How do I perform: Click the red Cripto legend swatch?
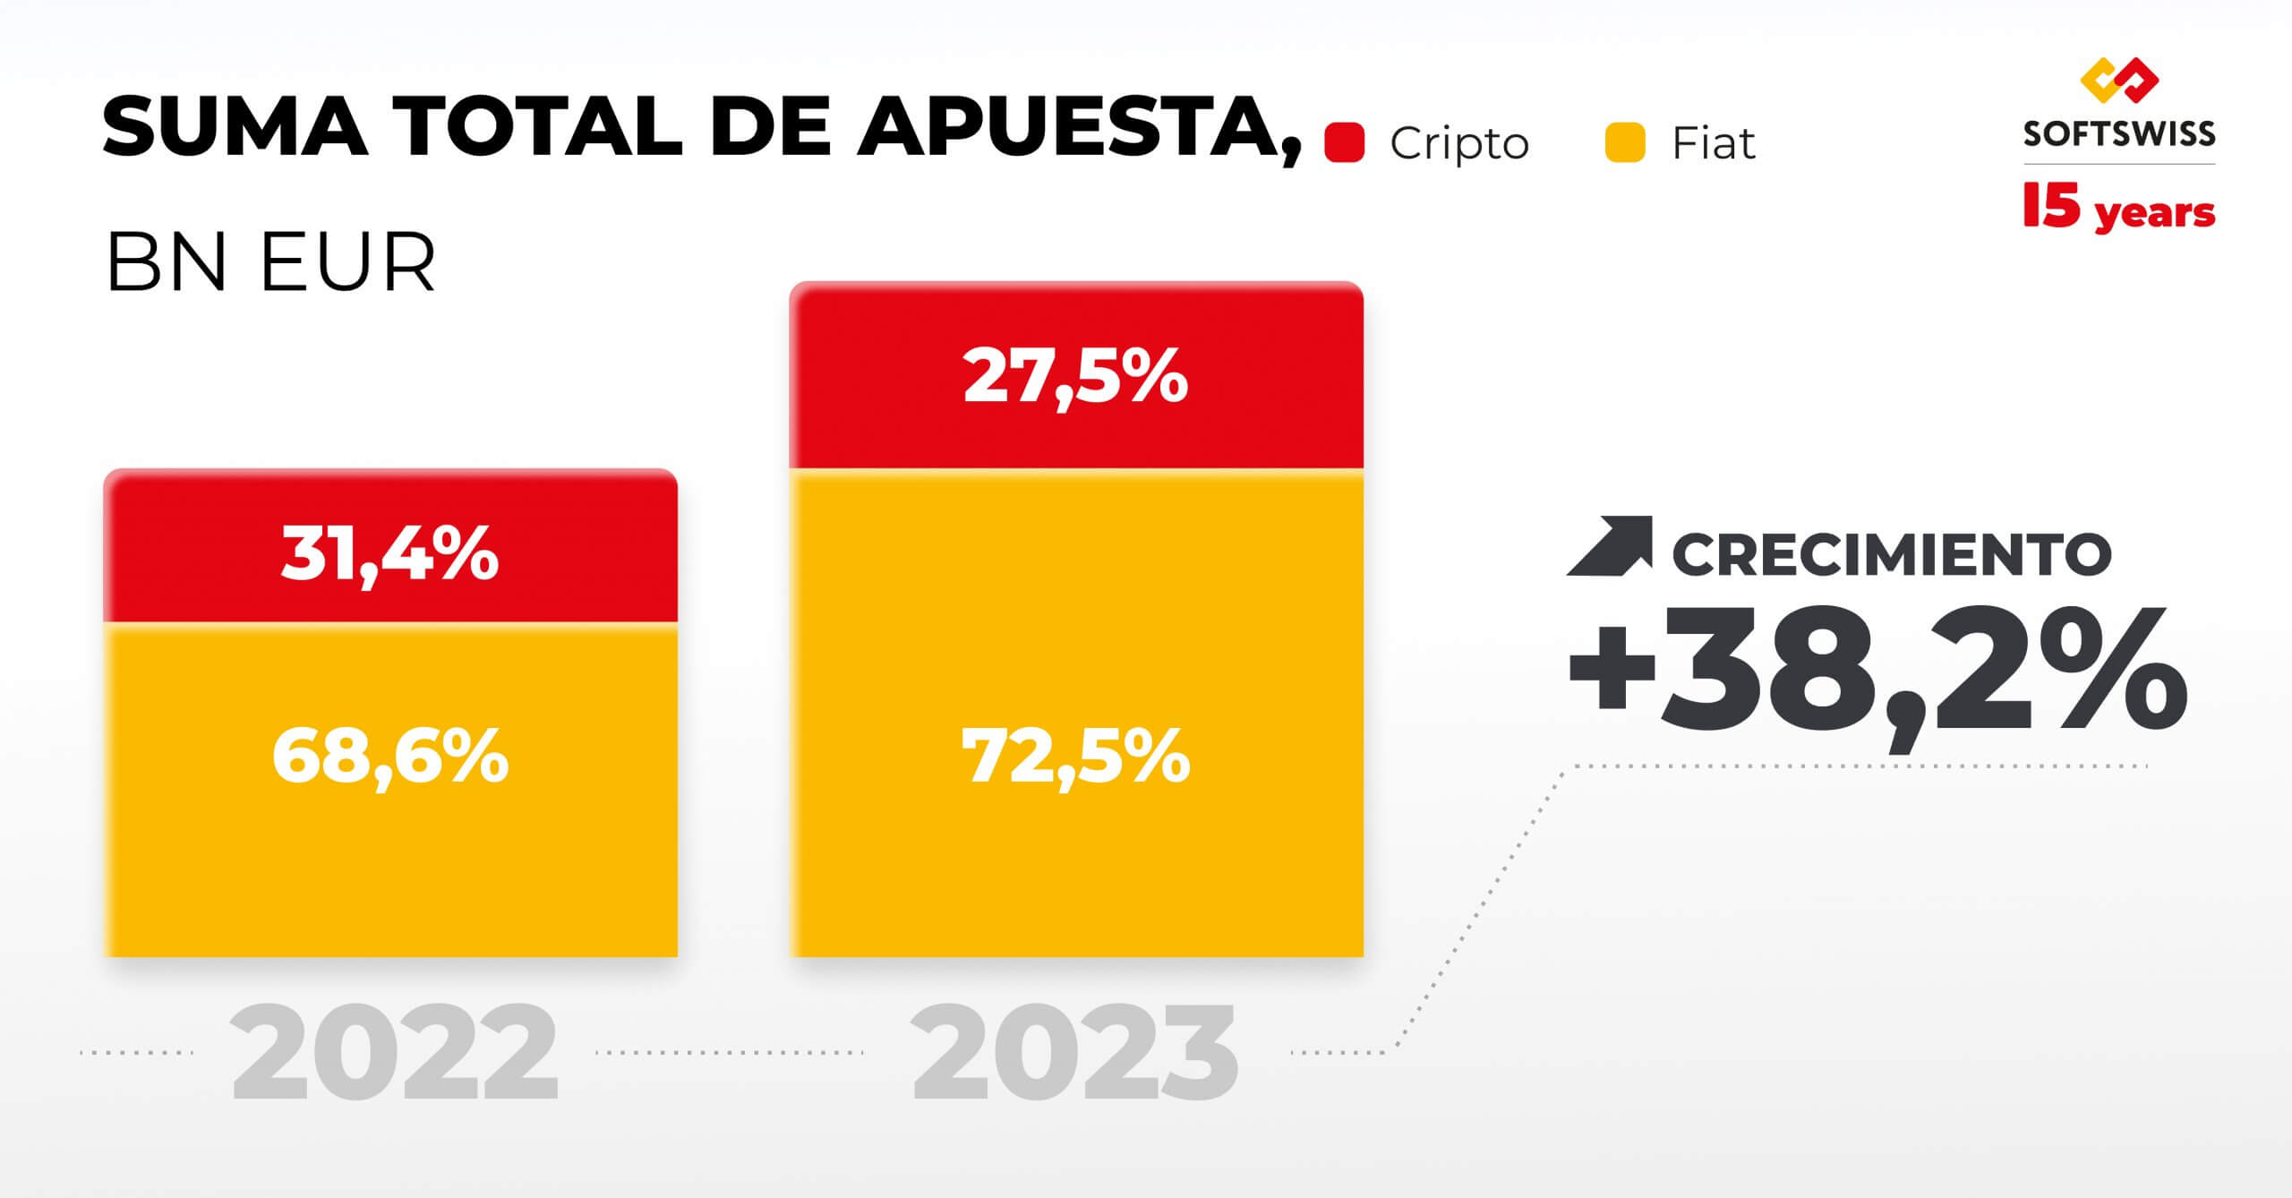(x=1344, y=143)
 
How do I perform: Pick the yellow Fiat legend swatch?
(x=1625, y=143)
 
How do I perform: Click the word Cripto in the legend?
(x=1458, y=143)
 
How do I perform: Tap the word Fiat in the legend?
(x=1713, y=143)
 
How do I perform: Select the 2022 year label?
(x=394, y=1053)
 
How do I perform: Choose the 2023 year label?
(x=1074, y=1053)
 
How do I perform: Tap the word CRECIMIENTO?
(x=1891, y=554)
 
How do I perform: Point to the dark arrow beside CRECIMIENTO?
(x=1610, y=546)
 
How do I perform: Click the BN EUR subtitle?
(x=270, y=262)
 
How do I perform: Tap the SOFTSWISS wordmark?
(x=2118, y=134)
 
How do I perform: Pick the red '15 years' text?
(x=2118, y=210)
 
